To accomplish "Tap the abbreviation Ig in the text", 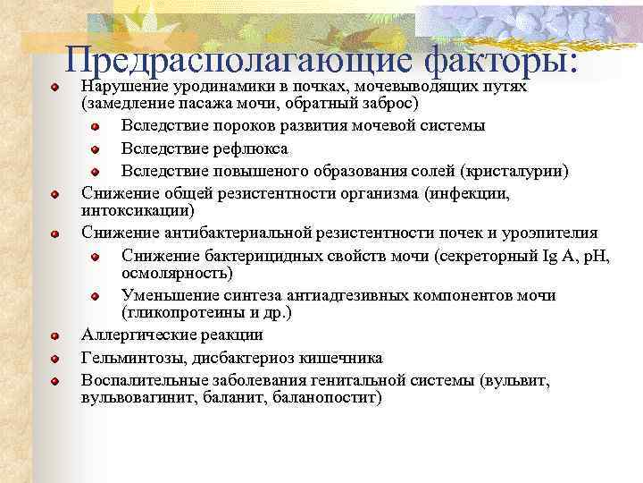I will pyautogui.click(x=549, y=257).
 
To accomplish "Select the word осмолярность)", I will pyautogui.click(x=177, y=273).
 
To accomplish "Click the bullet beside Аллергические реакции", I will pyautogui.click(x=55, y=336).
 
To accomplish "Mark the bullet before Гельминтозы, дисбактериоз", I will pyautogui.click(x=55, y=359).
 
